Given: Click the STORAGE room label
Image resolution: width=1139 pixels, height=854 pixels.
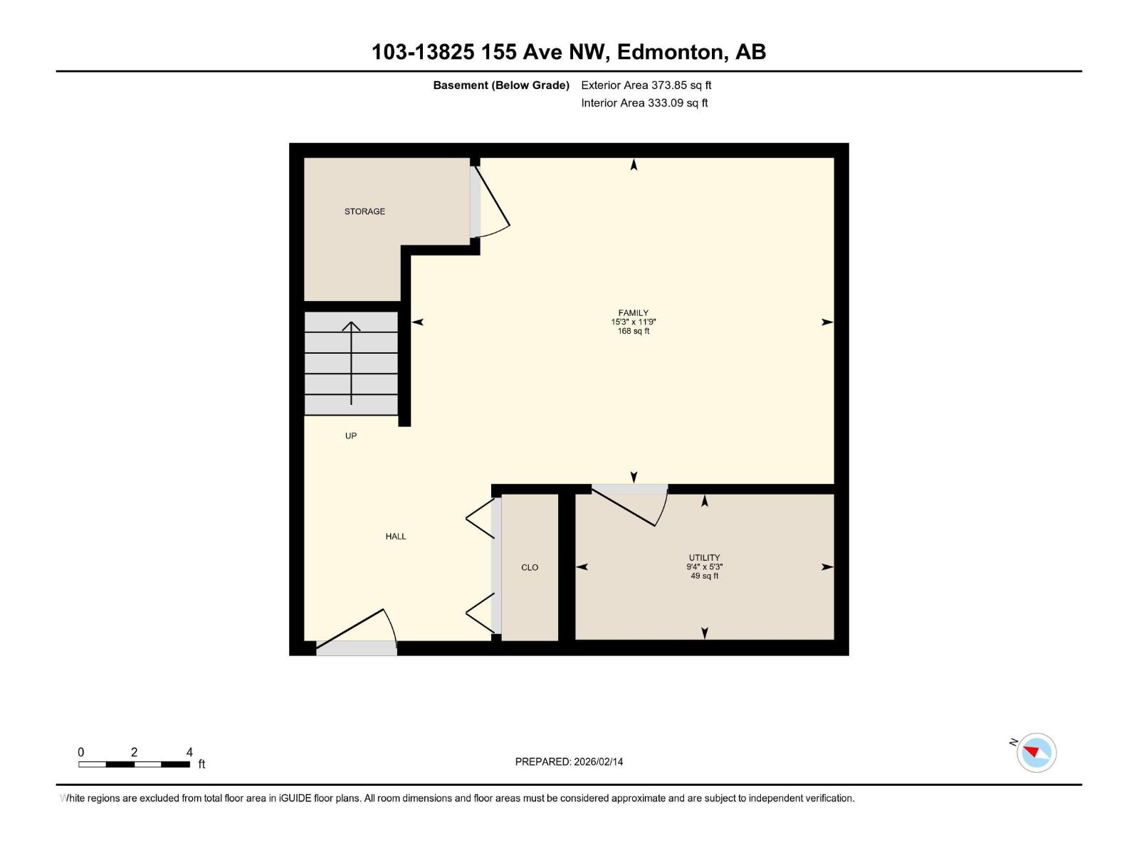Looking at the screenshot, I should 364,211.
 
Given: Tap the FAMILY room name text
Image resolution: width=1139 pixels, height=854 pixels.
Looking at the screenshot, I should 633,312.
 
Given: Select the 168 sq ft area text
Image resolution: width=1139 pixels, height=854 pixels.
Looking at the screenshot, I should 633,331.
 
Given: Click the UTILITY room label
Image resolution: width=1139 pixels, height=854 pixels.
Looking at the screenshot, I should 704,558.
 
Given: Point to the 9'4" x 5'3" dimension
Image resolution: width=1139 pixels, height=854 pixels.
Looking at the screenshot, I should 704,567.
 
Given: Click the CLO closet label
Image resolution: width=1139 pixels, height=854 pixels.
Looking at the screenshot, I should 530,567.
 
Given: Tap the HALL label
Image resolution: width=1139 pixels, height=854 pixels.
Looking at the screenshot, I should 396,537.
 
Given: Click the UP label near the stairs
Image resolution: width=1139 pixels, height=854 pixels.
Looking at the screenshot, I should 351,436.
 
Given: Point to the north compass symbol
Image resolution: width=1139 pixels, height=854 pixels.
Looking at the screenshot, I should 1036,752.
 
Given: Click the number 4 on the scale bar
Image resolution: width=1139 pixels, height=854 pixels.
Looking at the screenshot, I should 189,752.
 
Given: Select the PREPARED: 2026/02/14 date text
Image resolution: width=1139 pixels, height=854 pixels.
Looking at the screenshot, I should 569,761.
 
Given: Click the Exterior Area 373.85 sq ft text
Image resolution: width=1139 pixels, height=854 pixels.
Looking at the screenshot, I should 646,85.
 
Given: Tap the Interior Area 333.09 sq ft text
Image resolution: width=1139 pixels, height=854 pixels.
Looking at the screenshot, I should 644,103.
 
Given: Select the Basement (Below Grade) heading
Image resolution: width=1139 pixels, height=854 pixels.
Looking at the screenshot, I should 501,85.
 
